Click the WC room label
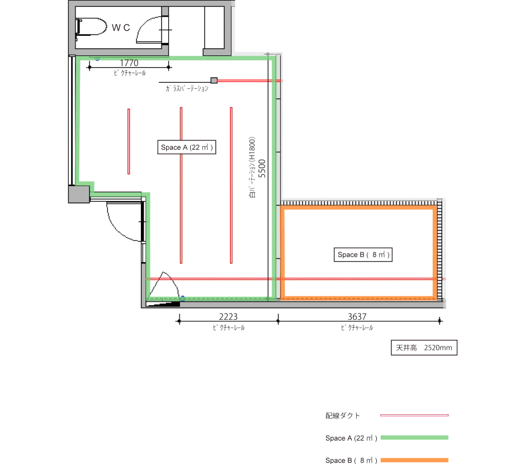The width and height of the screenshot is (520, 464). [121, 27]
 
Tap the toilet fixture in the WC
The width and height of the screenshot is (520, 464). [91, 27]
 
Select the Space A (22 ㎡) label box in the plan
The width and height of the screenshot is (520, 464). [187, 147]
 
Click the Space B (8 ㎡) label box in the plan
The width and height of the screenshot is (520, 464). [363, 255]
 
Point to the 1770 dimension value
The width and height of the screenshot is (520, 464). [129, 63]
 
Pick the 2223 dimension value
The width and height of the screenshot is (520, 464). [228, 317]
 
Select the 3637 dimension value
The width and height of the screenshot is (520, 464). [357, 317]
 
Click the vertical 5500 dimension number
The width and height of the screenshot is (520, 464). [262, 168]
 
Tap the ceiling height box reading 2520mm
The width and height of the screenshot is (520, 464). [424, 348]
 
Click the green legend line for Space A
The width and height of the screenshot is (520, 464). [414, 438]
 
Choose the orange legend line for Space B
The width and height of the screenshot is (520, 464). [414, 460]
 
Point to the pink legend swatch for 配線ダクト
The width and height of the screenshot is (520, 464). [414, 415]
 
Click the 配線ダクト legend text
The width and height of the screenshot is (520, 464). [343, 415]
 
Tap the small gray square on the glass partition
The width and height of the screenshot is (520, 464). [214, 81]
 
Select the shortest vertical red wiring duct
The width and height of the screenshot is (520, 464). [129, 141]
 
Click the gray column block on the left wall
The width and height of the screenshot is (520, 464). [79, 195]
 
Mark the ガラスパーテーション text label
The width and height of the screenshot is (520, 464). [187, 88]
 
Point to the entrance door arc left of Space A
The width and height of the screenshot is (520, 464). [120, 229]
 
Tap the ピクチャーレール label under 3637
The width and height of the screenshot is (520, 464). [357, 328]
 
